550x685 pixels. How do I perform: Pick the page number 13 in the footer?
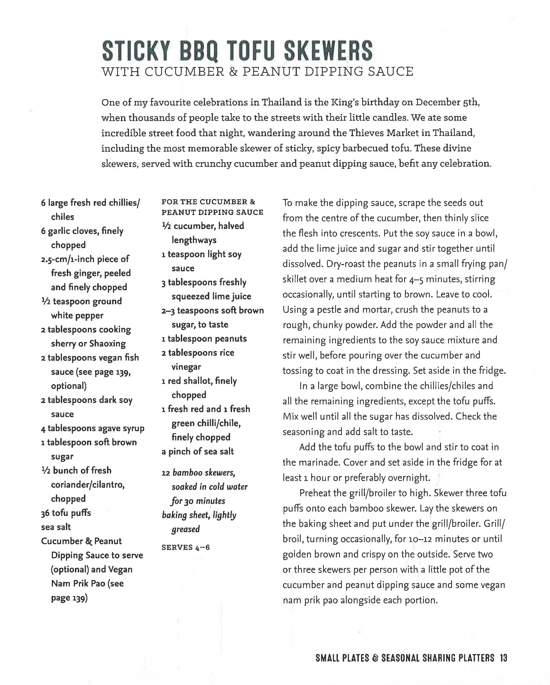pos(503,658)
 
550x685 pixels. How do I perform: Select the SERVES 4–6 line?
pos(186,547)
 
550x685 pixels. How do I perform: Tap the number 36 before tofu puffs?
pos(45,513)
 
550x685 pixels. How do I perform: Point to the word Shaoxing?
pos(108,344)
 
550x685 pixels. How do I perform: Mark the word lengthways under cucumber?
pos(194,240)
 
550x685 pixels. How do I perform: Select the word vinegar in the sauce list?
pos(186,367)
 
